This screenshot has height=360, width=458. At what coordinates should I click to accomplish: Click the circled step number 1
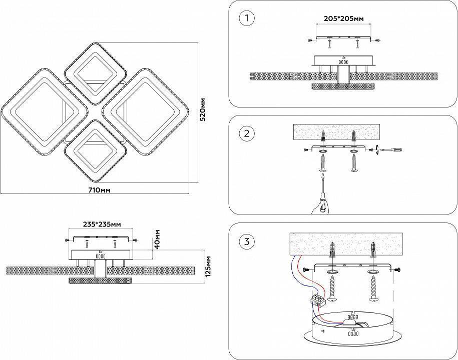(x=247, y=19)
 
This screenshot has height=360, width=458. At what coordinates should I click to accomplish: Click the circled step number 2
(x=247, y=133)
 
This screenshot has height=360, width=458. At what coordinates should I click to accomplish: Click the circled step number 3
(x=247, y=242)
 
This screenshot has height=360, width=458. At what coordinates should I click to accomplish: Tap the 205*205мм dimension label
(x=343, y=18)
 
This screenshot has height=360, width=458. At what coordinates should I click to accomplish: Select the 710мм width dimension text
(x=99, y=190)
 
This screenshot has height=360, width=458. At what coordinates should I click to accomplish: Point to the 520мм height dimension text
(x=203, y=115)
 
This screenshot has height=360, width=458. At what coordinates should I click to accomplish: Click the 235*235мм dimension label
(x=102, y=224)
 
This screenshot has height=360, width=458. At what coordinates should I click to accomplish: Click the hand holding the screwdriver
(x=320, y=204)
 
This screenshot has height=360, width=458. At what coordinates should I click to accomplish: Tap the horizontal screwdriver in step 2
(x=392, y=149)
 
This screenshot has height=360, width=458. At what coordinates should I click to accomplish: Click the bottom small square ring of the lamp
(x=94, y=150)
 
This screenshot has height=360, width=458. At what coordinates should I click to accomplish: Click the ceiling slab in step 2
(x=339, y=132)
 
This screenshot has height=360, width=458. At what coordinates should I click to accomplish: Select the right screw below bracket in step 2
(x=354, y=162)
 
